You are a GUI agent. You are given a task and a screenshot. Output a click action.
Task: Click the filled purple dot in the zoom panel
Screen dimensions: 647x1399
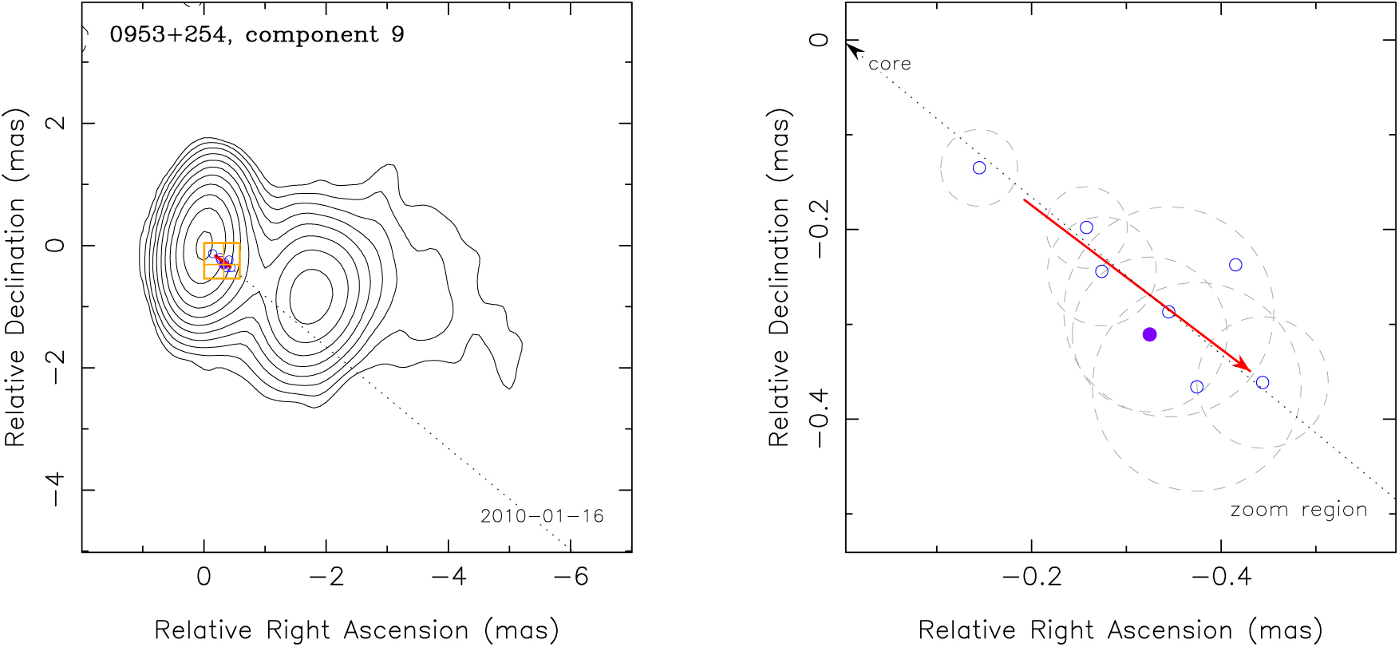[x=1149, y=334]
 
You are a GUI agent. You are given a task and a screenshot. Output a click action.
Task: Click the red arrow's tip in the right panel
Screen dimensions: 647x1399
[x=1249, y=369]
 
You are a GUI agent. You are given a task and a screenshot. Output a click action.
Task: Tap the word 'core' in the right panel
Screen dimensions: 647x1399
[x=889, y=64]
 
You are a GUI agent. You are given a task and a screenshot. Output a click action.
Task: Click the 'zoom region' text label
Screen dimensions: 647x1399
[x=1298, y=510]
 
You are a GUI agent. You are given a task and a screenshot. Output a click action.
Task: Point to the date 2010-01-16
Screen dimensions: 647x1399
[x=542, y=516]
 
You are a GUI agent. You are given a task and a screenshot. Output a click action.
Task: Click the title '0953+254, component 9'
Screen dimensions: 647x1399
[x=257, y=35]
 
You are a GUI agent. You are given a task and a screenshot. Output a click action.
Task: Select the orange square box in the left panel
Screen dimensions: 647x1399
[x=222, y=260]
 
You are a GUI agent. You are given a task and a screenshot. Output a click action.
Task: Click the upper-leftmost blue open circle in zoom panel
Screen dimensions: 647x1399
[x=979, y=168]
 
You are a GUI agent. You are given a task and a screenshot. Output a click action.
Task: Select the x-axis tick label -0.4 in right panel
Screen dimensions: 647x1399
[x=1220, y=577]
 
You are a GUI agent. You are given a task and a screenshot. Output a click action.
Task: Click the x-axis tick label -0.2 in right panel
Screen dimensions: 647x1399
[x=1032, y=577]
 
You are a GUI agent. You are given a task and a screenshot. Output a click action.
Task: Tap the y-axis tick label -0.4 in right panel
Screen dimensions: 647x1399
[x=819, y=419]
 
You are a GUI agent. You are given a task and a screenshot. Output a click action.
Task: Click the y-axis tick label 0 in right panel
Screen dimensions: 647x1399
[x=819, y=40]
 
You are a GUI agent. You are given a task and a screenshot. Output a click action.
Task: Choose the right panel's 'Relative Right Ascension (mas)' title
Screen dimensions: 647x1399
[x=1120, y=630]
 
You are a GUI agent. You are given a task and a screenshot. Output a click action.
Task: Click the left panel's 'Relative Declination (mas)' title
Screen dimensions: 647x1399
[x=16, y=277]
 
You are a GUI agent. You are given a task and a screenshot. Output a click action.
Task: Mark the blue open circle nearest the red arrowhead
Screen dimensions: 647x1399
[x=1263, y=383]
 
